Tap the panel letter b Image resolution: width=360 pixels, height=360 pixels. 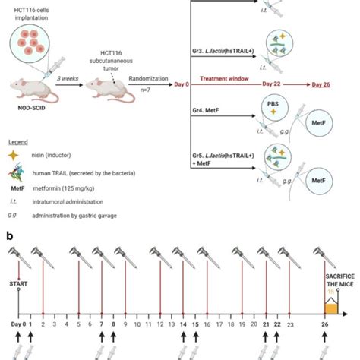point(9,235)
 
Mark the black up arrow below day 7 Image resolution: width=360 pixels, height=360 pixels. point(100,334)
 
